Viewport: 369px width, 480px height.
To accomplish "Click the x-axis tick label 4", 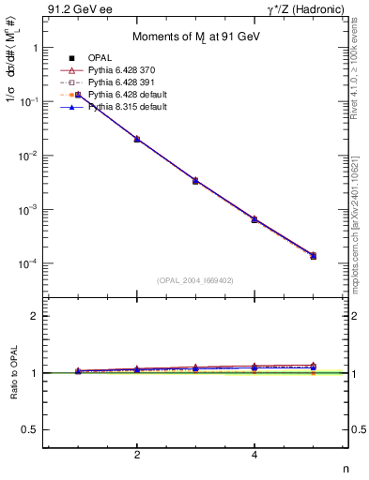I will [x=254, y=455].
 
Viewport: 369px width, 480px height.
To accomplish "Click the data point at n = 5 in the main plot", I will [x=313, y=255].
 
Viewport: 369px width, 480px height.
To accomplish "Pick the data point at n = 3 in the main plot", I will [x=195, y=180].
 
